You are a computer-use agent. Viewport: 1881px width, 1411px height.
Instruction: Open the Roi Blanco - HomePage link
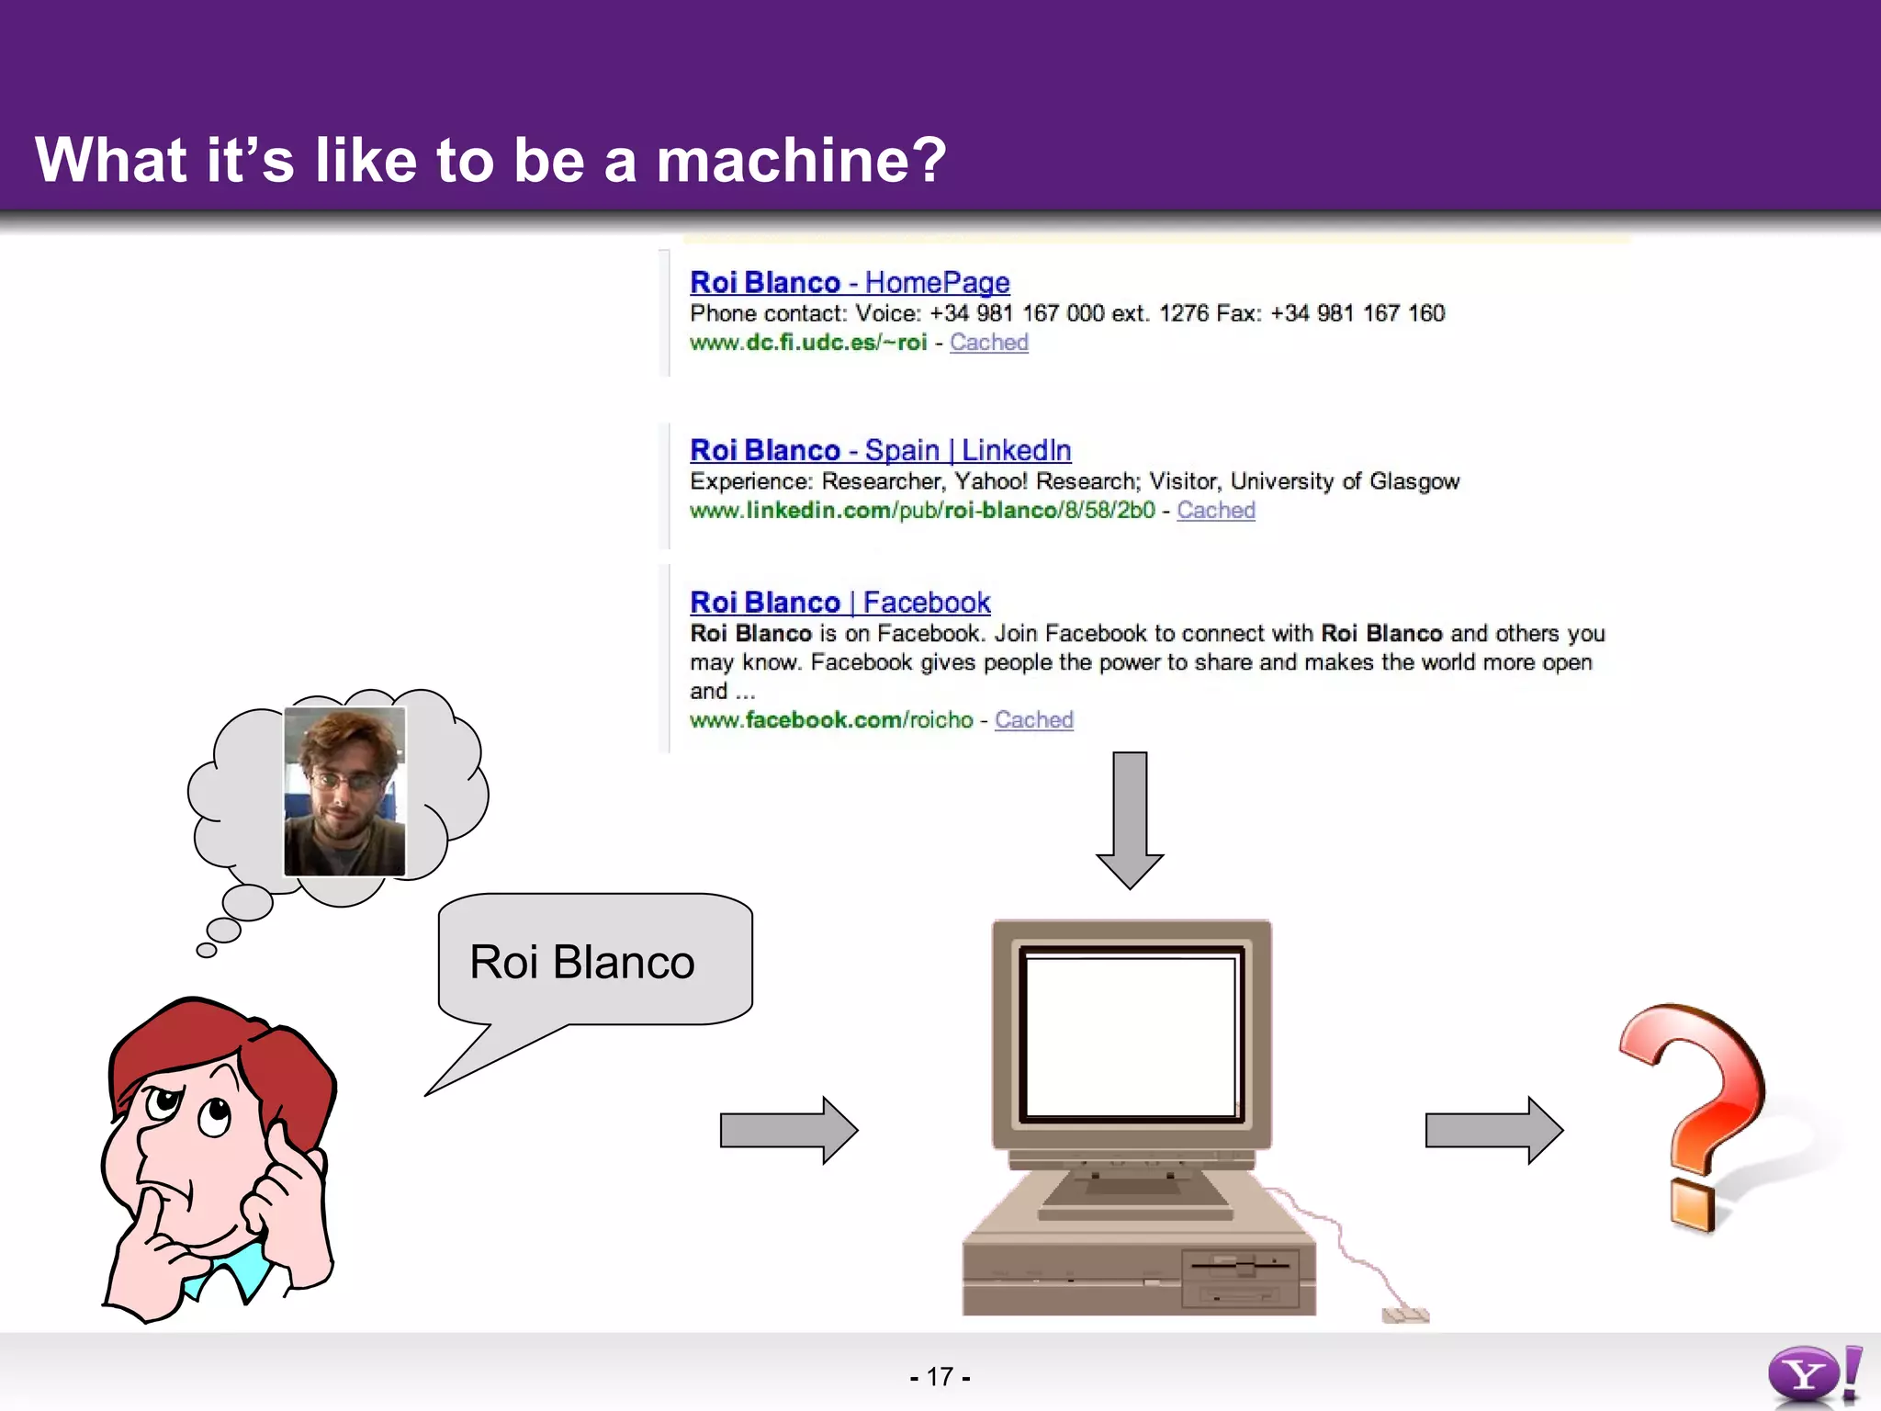click(850, 282)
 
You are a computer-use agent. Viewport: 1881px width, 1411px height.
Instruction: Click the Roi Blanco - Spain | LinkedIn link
click(880, 450)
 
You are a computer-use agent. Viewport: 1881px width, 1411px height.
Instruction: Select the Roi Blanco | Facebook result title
click(839, 603)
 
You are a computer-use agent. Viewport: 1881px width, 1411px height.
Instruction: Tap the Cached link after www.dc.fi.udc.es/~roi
click(988, 343)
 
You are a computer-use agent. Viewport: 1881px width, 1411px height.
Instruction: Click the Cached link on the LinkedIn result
click(1215, 511)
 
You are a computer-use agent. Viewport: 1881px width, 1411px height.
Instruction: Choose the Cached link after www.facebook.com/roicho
click(1033, 720)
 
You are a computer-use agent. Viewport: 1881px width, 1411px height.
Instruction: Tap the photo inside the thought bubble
click(344, 792)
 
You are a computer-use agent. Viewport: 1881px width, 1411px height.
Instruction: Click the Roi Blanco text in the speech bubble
click(581, 963)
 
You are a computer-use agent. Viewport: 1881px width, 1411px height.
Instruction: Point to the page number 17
click(940, 1377)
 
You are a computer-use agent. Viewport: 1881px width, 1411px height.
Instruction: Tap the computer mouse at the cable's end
click(1404, 1315)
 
